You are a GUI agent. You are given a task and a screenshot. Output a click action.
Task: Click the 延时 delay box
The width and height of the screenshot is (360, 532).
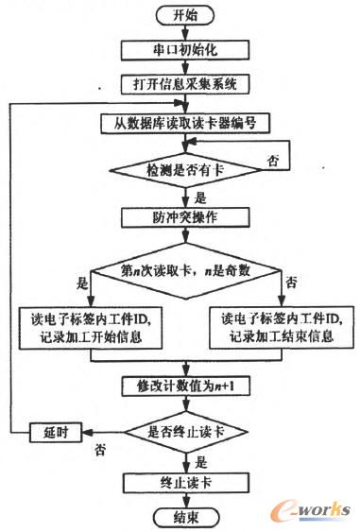click(x=53, y=433)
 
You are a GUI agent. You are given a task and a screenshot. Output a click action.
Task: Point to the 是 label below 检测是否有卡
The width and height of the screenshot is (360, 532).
click(x=197, y=197)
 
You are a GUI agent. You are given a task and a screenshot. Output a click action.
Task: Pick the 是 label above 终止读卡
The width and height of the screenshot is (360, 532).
click(x=198, y=462)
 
